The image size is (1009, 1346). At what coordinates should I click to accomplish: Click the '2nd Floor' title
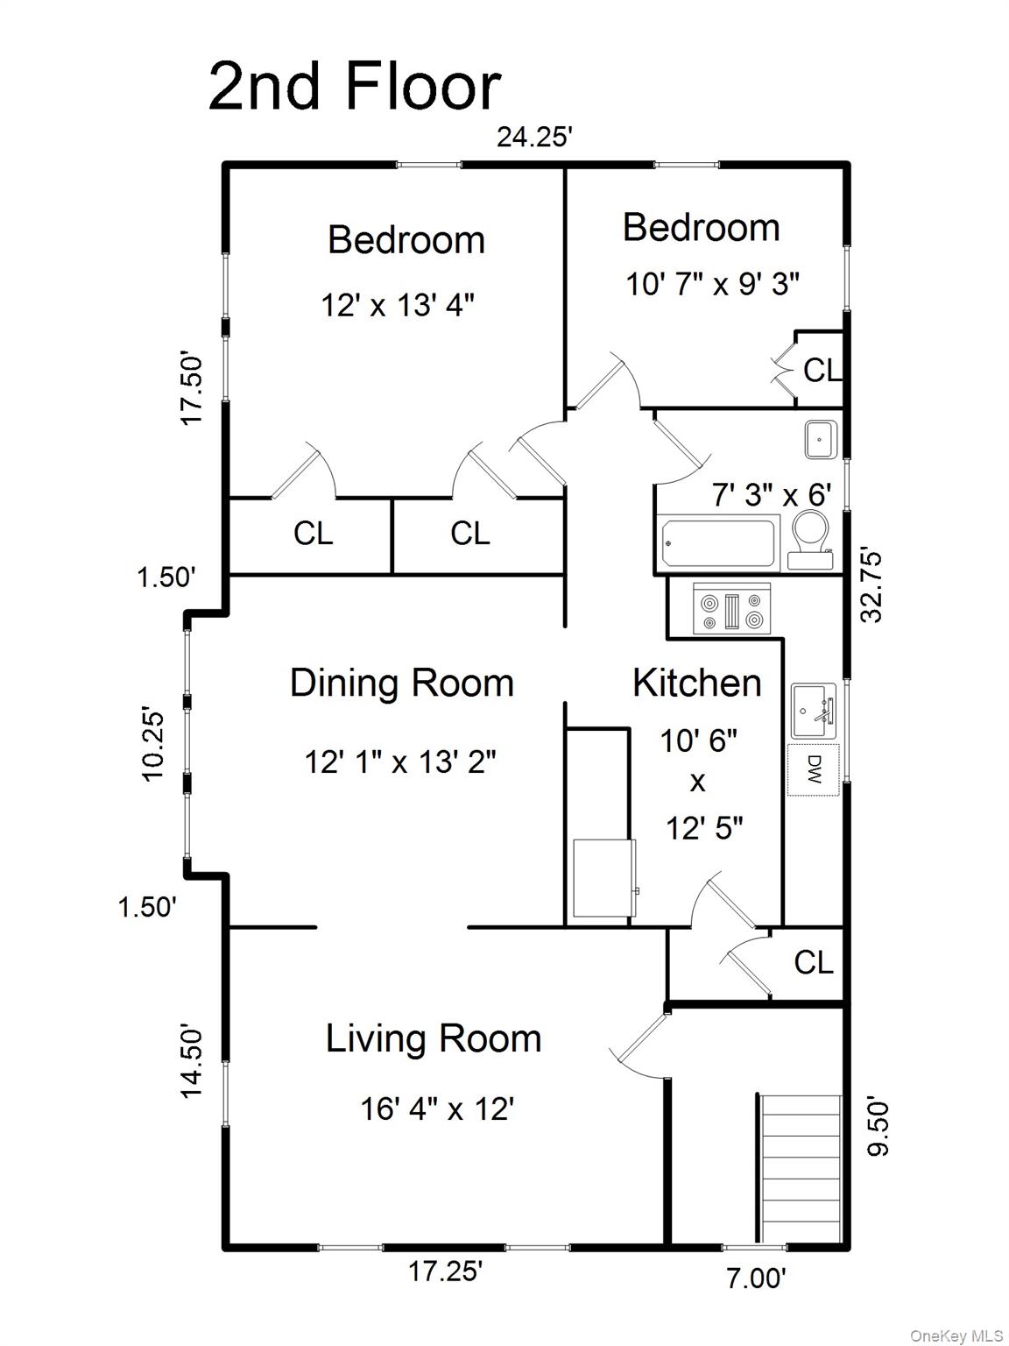point(354,87)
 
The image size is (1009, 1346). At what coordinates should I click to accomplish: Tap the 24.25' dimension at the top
point(534,138)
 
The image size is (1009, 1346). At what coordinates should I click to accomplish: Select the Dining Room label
point(401,684)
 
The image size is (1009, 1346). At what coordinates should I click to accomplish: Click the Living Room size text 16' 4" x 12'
point(436,1109)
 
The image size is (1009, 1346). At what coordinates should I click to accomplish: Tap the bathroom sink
point(821,439)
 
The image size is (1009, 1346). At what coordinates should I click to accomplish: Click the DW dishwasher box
point(813,769)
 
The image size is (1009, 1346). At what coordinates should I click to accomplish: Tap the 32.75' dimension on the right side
point(871,585)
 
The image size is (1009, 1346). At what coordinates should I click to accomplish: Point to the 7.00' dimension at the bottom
point(756,1279)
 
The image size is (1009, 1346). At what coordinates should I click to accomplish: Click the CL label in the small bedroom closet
point(822,371)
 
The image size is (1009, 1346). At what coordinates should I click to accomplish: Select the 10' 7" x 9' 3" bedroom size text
point(712,284)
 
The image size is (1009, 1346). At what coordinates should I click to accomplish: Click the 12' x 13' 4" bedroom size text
point(398,306)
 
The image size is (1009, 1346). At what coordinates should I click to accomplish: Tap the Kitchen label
point(697,684)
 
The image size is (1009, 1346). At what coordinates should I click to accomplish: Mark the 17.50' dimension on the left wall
point(192,390)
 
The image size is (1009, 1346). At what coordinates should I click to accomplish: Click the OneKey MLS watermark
point(956,1335)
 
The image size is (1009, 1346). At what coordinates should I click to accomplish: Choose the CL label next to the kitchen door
point(813,963)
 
